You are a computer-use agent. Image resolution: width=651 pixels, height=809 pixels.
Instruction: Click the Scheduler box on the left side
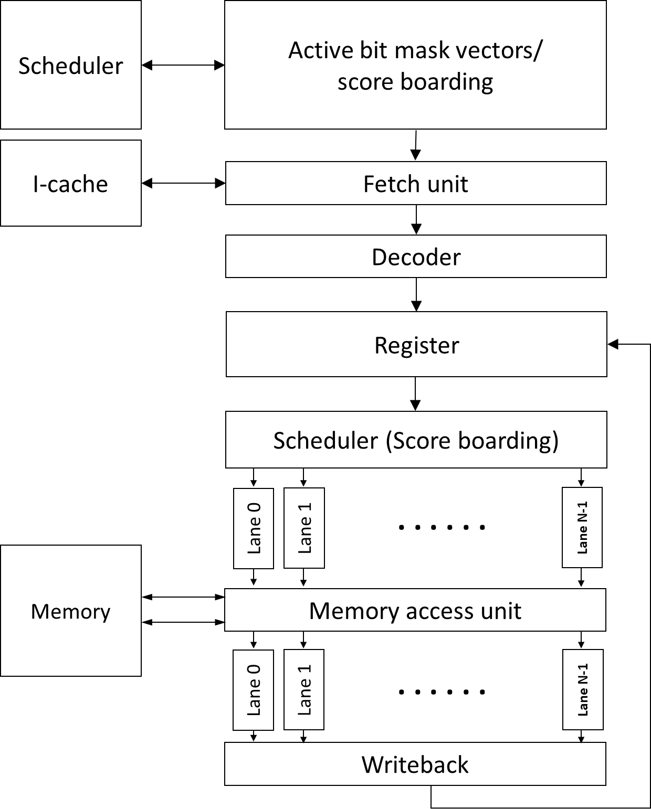click(x=71, y=65)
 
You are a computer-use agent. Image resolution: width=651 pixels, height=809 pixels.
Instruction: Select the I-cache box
click(x=71, y=183)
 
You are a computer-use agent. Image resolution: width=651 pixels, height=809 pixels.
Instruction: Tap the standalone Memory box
click(x=71, y=611)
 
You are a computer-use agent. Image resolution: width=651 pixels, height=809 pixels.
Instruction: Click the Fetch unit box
click(x=416, y=183)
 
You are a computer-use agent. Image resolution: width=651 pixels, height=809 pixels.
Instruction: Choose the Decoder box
click(x=416, y=257)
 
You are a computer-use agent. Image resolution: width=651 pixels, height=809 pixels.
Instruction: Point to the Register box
click(x=416, y=345)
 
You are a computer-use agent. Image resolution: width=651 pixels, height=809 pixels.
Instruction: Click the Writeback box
click(x=415, y=764)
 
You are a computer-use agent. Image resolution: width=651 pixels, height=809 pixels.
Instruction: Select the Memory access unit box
click(x=415, y=610)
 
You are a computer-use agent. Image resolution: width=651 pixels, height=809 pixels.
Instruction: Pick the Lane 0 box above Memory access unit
click(x=254, y=528)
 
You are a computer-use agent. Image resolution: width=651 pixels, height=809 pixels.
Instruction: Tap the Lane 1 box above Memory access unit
click(x=304, y=528)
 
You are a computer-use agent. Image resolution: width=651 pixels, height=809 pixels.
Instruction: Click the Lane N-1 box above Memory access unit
click(x=582, y=528)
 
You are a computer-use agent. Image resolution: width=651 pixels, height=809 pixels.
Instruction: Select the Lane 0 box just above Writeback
click(x=254, y=690)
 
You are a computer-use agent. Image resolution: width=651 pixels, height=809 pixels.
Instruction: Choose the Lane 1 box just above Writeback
click(x=304, y=690)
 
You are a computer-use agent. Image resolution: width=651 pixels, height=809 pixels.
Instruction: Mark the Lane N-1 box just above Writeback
click(x=583, y=689)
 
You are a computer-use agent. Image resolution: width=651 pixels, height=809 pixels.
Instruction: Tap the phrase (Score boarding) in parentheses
click(x=472, y=440)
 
